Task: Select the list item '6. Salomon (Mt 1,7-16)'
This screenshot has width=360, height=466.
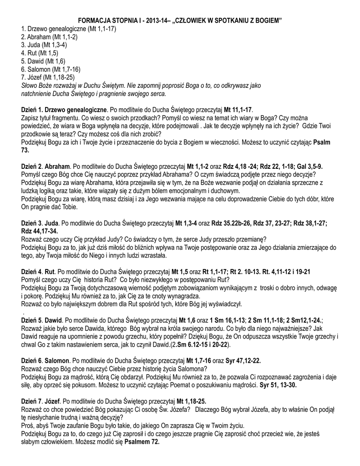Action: [51, 69]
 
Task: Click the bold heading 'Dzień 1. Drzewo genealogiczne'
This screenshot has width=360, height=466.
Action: [64, 110]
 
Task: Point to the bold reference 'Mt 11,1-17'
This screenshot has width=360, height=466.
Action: [238, 110]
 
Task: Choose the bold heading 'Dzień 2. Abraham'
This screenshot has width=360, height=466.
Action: [46, 167]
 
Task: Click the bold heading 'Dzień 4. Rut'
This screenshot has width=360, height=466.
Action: [38, 272]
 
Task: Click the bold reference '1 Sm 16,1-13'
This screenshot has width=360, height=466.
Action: [228, 320]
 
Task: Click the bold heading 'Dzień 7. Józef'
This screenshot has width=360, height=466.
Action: [41, 401]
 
